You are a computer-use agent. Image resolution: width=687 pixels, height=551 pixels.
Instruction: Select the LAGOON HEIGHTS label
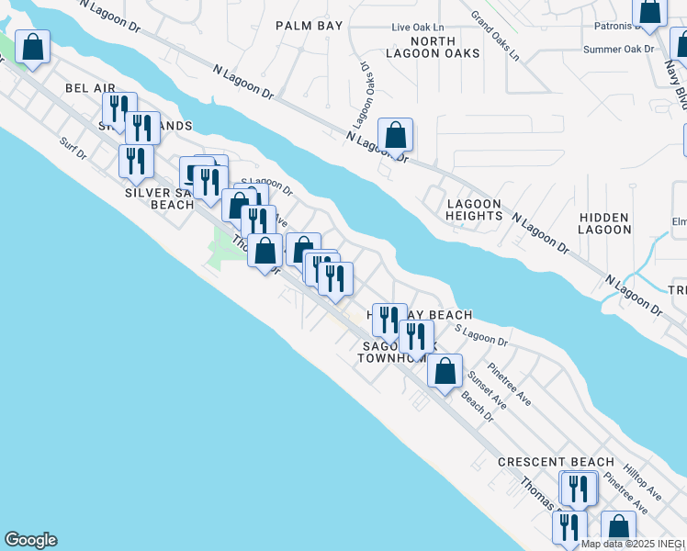pyautogui.click(x=474, y=209)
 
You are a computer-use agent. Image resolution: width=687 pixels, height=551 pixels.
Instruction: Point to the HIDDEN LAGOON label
pyautogui.click(x=604, y=223)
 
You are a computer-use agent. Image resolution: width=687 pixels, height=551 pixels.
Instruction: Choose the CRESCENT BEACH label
pyautogui.click(x=556, y=462)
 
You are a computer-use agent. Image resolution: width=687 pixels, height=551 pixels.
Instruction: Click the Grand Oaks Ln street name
pyautogui.click(x=494, y=36)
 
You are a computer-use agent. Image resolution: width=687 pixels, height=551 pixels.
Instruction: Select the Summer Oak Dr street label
pyautogui.click(x=618, y=50)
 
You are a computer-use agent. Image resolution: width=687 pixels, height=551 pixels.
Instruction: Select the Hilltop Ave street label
pyautogui.click(x=642, y=481)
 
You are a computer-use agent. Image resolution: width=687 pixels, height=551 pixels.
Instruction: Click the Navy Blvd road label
pyautogui.click(x=675, y=84)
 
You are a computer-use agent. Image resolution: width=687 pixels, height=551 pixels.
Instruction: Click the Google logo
pyautogui.click(x=30, y=540)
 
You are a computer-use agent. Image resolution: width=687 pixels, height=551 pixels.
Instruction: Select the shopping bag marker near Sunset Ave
pyautogui.click(x=445, y=372)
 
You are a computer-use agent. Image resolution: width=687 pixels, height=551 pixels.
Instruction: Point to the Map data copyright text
pyautogui.click(x=633, y=544)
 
